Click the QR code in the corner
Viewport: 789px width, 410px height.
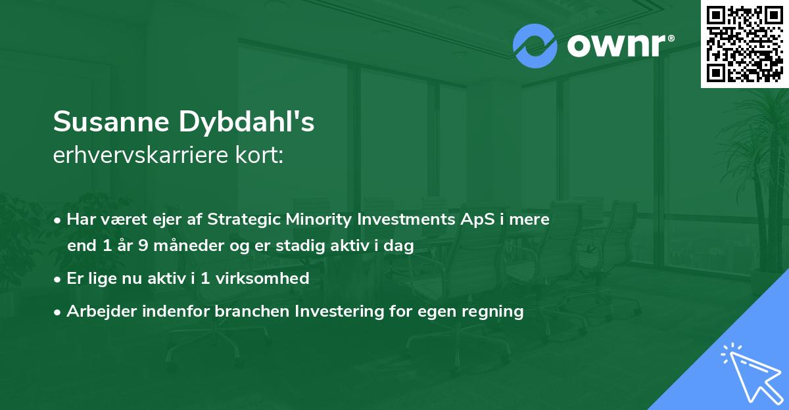744,43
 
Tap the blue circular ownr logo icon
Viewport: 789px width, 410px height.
535,45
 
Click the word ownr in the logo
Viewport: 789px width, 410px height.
614,45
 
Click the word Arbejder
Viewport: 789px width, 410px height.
97,311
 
